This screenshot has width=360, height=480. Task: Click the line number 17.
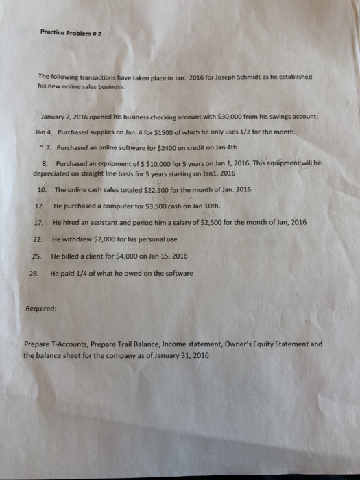click(38, 222)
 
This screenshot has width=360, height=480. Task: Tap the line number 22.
click(38, 239)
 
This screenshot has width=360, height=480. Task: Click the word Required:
click(40, 309)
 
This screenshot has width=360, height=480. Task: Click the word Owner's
click(239, 344)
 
